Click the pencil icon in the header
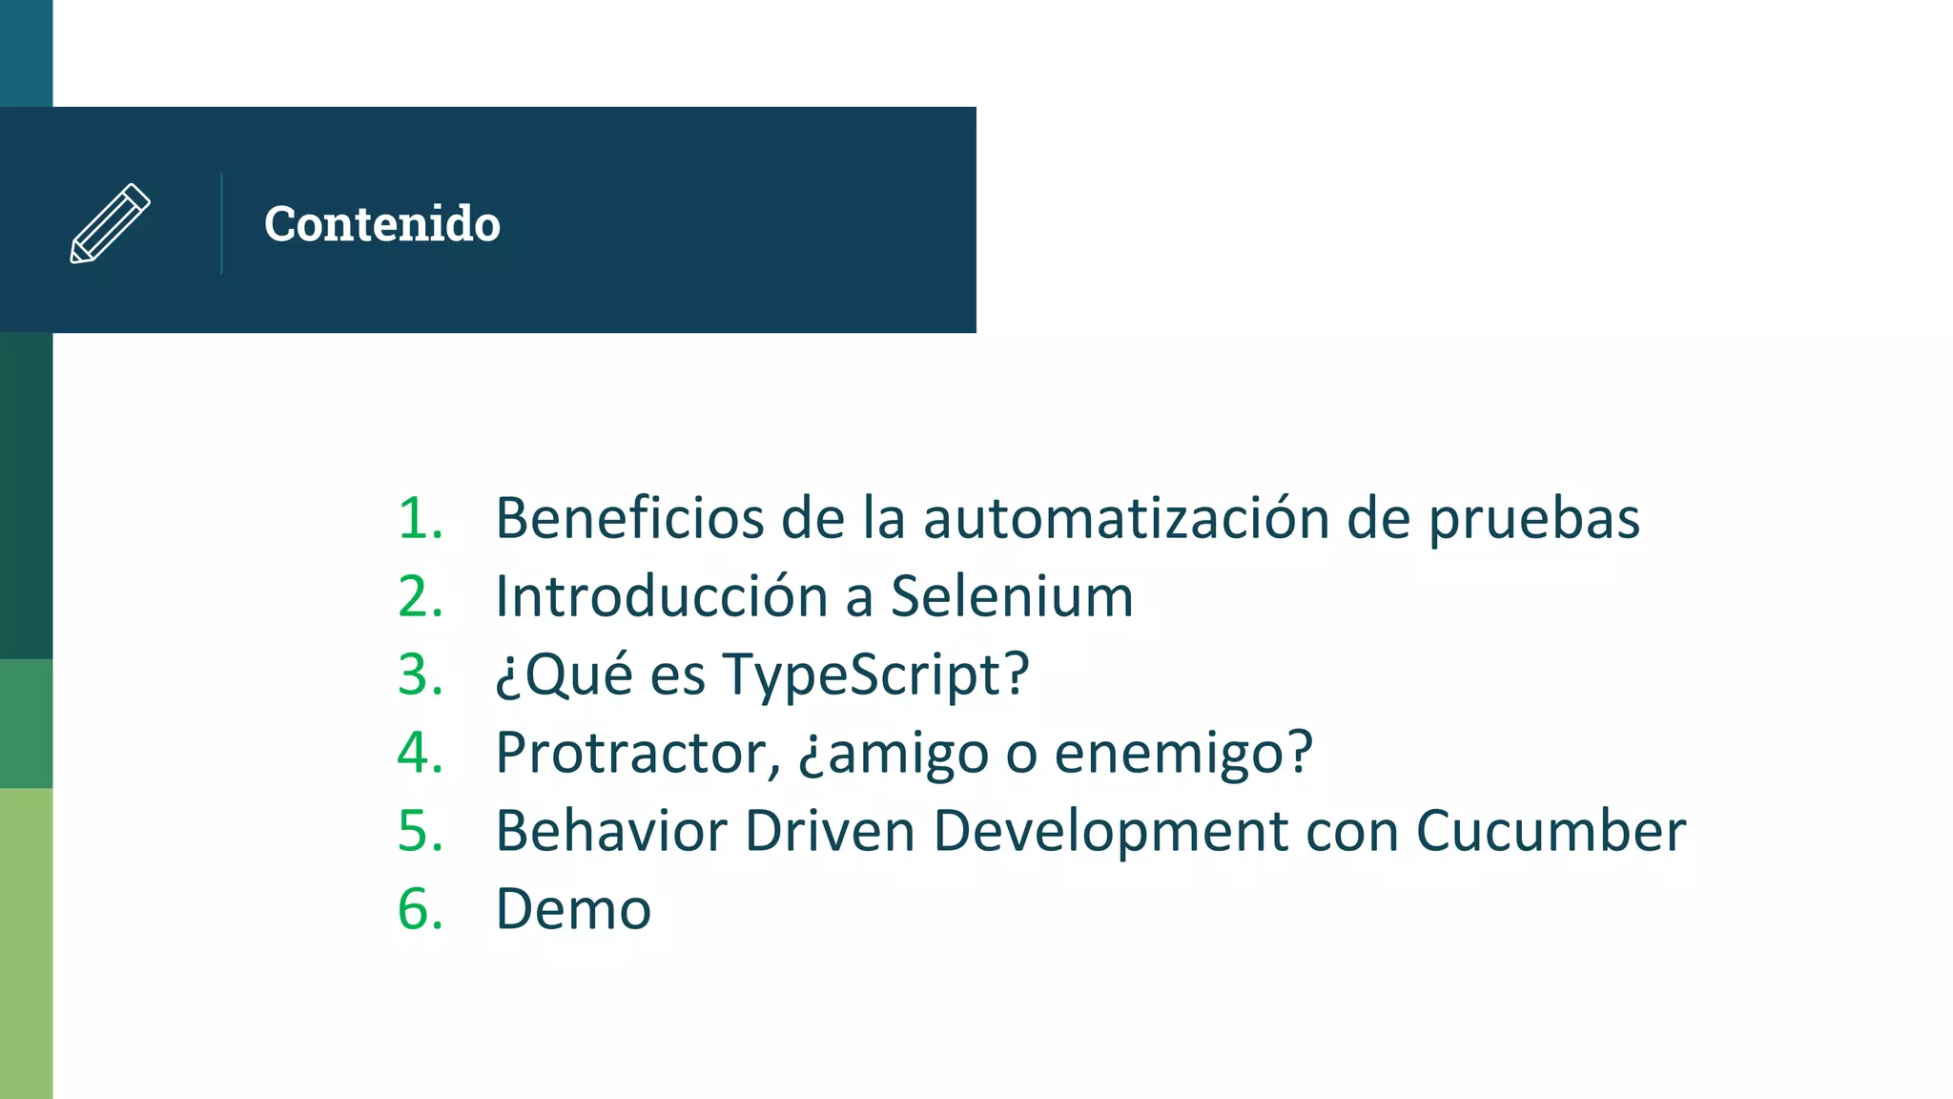110,223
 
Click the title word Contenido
381,224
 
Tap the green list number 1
420,518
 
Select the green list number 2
420,596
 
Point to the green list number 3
420,674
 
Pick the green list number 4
420,753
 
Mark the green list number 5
420,831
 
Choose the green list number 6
420,908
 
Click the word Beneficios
629,518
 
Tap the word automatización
1126,518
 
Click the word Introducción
662,596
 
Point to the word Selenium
1012,596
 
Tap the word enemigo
1182,754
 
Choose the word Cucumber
1551,831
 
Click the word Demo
573,909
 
